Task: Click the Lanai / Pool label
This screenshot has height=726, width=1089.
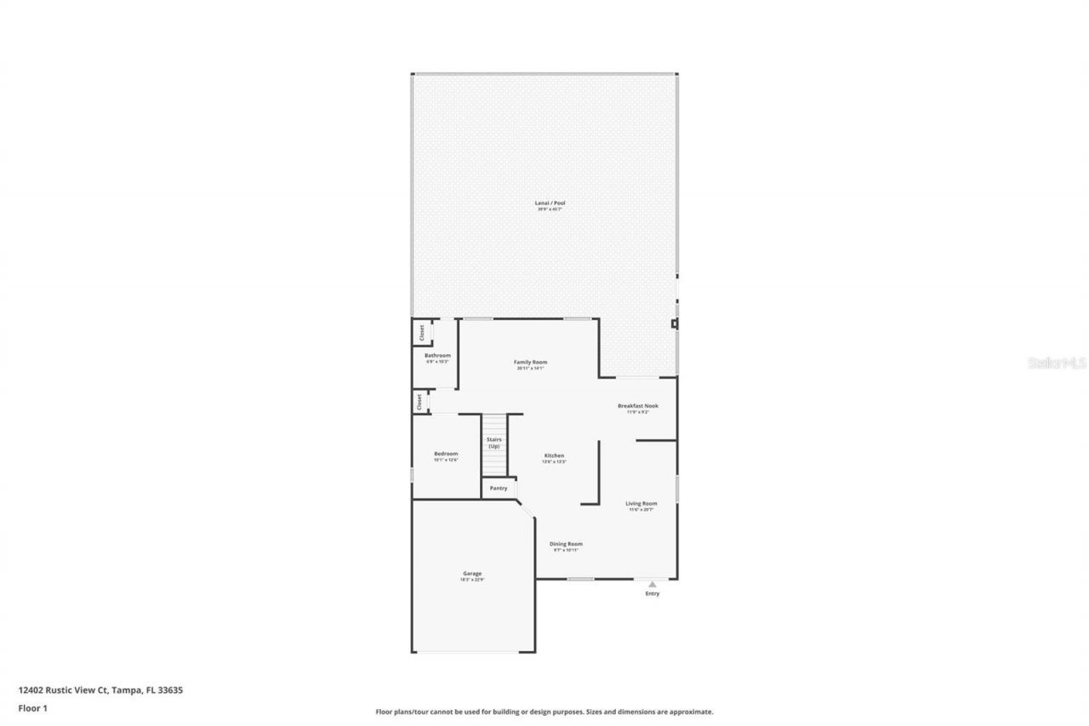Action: [x=550, y=203]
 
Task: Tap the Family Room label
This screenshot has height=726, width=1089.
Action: [x=530, y=363]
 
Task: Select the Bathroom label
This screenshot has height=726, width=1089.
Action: [x=437, y=355]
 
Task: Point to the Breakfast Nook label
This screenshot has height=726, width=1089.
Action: [x=637, y=406]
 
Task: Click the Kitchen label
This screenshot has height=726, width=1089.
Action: [x=554, y=456]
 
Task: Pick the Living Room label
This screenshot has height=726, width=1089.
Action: [x=641, y=504]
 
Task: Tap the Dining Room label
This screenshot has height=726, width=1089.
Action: [x=566, y=544]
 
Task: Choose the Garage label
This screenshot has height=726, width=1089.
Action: [x=472, y=574]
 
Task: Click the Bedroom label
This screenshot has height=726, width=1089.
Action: [x=446, y=454]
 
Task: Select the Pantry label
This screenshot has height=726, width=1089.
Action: [x=499, y=488]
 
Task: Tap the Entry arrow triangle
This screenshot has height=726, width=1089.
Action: [x=653, y=584]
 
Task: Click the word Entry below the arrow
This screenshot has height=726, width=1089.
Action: [x=653, y=593]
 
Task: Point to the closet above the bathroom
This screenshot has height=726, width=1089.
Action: [x=420, y=331]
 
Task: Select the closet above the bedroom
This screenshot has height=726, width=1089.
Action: [x=419, y=401]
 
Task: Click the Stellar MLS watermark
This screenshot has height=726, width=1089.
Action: [x=1057, y=363]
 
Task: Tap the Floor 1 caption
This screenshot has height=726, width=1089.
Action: [x=32, y=706]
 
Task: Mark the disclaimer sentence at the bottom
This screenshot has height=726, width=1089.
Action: [x=544, y=712]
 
